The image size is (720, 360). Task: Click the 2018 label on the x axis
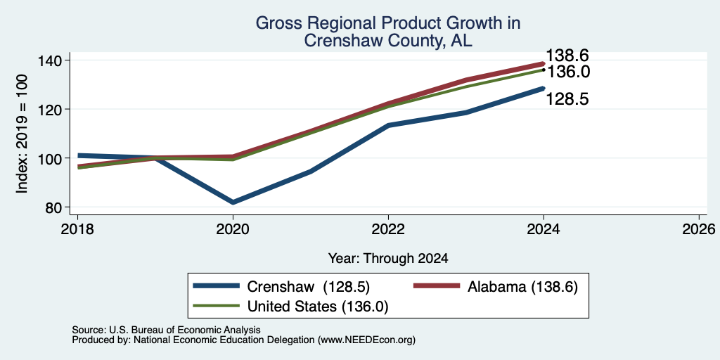click(x=77, y=229)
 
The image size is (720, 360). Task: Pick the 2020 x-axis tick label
click(x=233, y=229)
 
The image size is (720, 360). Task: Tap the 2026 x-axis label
click(x=699, y=229)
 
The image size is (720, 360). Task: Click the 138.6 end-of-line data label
click(x=567, y=56)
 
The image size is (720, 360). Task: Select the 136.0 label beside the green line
click(x=567, y=72)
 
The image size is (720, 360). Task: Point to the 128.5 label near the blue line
click(x=567, y=98)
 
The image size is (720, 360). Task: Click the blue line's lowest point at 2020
click(x=233, y=202)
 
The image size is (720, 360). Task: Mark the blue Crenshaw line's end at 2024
click(x=544, y=88)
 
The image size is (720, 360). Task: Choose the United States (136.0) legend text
click(x=318, y=307)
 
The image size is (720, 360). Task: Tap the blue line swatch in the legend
click(x=217, y=286)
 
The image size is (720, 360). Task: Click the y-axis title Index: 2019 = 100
click(x=22, y=134)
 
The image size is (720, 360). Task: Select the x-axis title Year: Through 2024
click(x=388, y=259)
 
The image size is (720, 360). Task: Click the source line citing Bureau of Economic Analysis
click(x=166, y=330)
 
